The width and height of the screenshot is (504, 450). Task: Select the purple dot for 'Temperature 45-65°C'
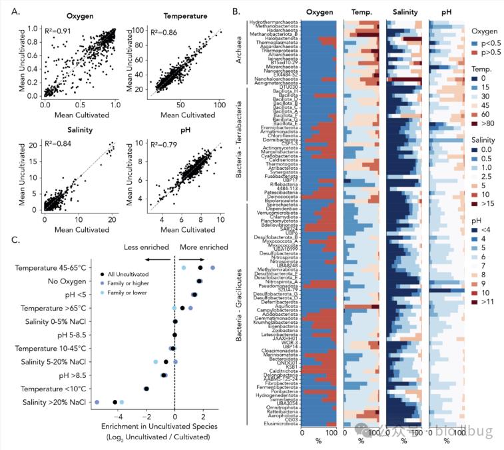tap(212, 268)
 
